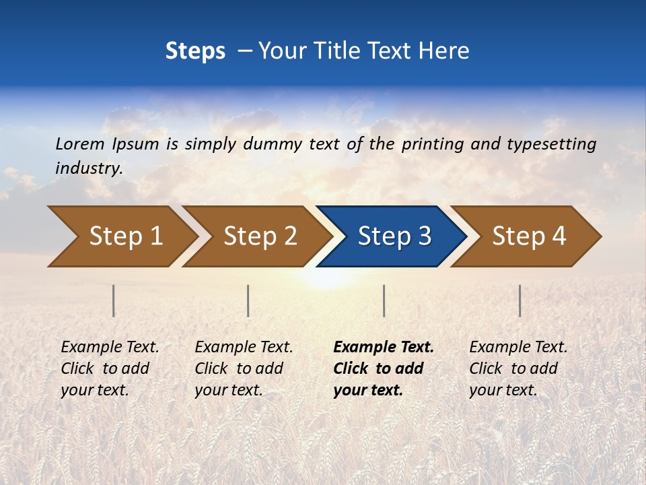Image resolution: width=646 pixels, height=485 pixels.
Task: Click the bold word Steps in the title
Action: tap(195, 51)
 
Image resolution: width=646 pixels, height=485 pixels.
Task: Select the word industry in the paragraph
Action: tap(89, 168)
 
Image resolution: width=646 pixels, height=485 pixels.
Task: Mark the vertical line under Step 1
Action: tap(114, 300)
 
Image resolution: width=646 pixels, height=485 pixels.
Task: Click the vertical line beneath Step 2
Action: tap(248, 300)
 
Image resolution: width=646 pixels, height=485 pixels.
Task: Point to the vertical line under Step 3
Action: tap(384, 300)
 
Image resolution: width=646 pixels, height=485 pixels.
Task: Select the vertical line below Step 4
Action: tap(519, 300)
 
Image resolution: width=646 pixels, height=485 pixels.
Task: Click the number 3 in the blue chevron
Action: tap(424, 236)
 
